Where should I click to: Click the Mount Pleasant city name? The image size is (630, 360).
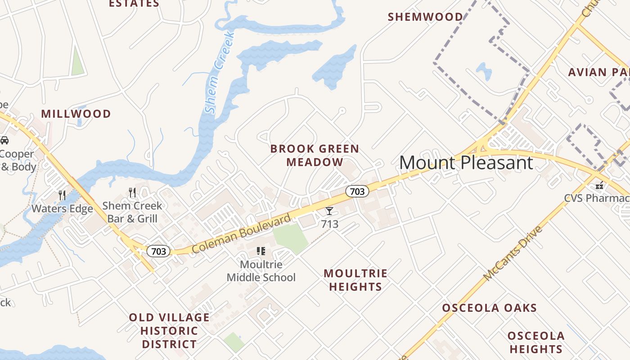coord(466,162)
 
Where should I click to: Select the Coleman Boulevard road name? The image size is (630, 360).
coord(241,234)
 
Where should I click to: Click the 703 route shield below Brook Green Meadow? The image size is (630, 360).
coord(357,191)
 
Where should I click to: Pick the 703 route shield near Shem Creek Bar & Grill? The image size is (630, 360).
coord(158,251)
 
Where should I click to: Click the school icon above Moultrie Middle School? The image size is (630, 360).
coord(261,251)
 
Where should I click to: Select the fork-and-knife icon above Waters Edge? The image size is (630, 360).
coord(62,195)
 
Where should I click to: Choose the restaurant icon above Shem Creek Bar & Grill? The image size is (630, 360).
coord(132,193)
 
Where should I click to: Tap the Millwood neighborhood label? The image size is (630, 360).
coord(76,114)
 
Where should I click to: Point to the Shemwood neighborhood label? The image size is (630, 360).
coord(425,17)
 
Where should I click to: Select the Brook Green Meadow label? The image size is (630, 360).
coord(315,155)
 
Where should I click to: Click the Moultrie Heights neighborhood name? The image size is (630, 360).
coord(355,280)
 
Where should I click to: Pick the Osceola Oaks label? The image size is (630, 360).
coord(489,308)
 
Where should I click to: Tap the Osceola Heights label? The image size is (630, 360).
coord(535,342)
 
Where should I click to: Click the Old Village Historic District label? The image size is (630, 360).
coord(169,331)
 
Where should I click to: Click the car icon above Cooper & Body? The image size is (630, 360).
coord(4,140)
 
